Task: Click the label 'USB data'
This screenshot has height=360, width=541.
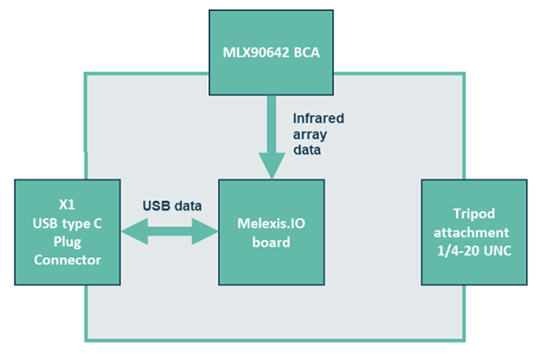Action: click(170, 204)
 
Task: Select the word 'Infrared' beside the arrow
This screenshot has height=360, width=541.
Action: click(319, 118)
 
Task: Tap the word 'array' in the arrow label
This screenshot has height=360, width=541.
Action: click(311, 135)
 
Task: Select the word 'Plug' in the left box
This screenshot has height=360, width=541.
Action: click(68, 243)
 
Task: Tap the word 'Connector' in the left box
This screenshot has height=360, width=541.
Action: click(68, 261)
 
